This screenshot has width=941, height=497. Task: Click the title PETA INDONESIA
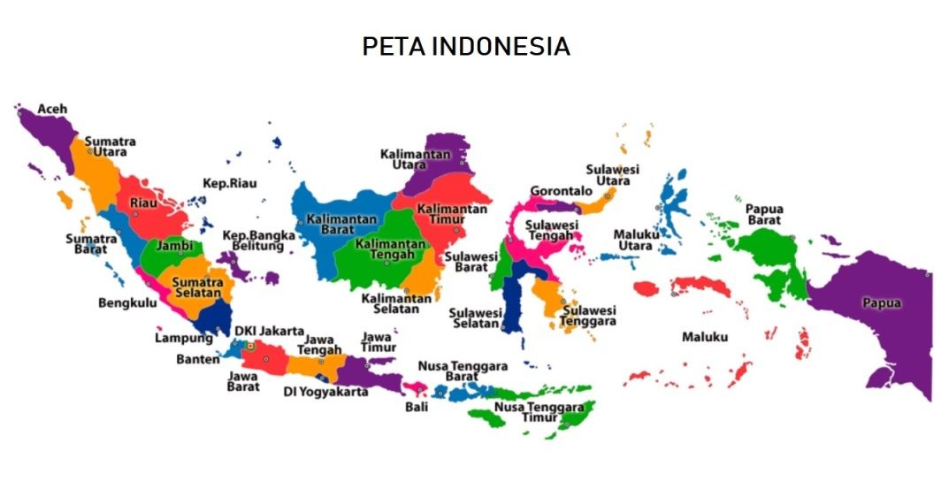466,47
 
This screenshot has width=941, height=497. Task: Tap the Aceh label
51,109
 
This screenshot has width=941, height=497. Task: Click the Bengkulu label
127,302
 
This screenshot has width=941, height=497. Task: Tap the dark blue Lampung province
212,317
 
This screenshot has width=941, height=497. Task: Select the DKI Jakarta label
269,331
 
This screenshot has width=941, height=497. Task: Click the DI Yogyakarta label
325,392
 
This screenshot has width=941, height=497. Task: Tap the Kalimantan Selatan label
396,304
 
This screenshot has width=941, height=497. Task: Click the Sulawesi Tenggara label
589,316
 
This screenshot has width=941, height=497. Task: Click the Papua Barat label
764,215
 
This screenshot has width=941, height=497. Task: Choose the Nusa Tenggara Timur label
539,412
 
